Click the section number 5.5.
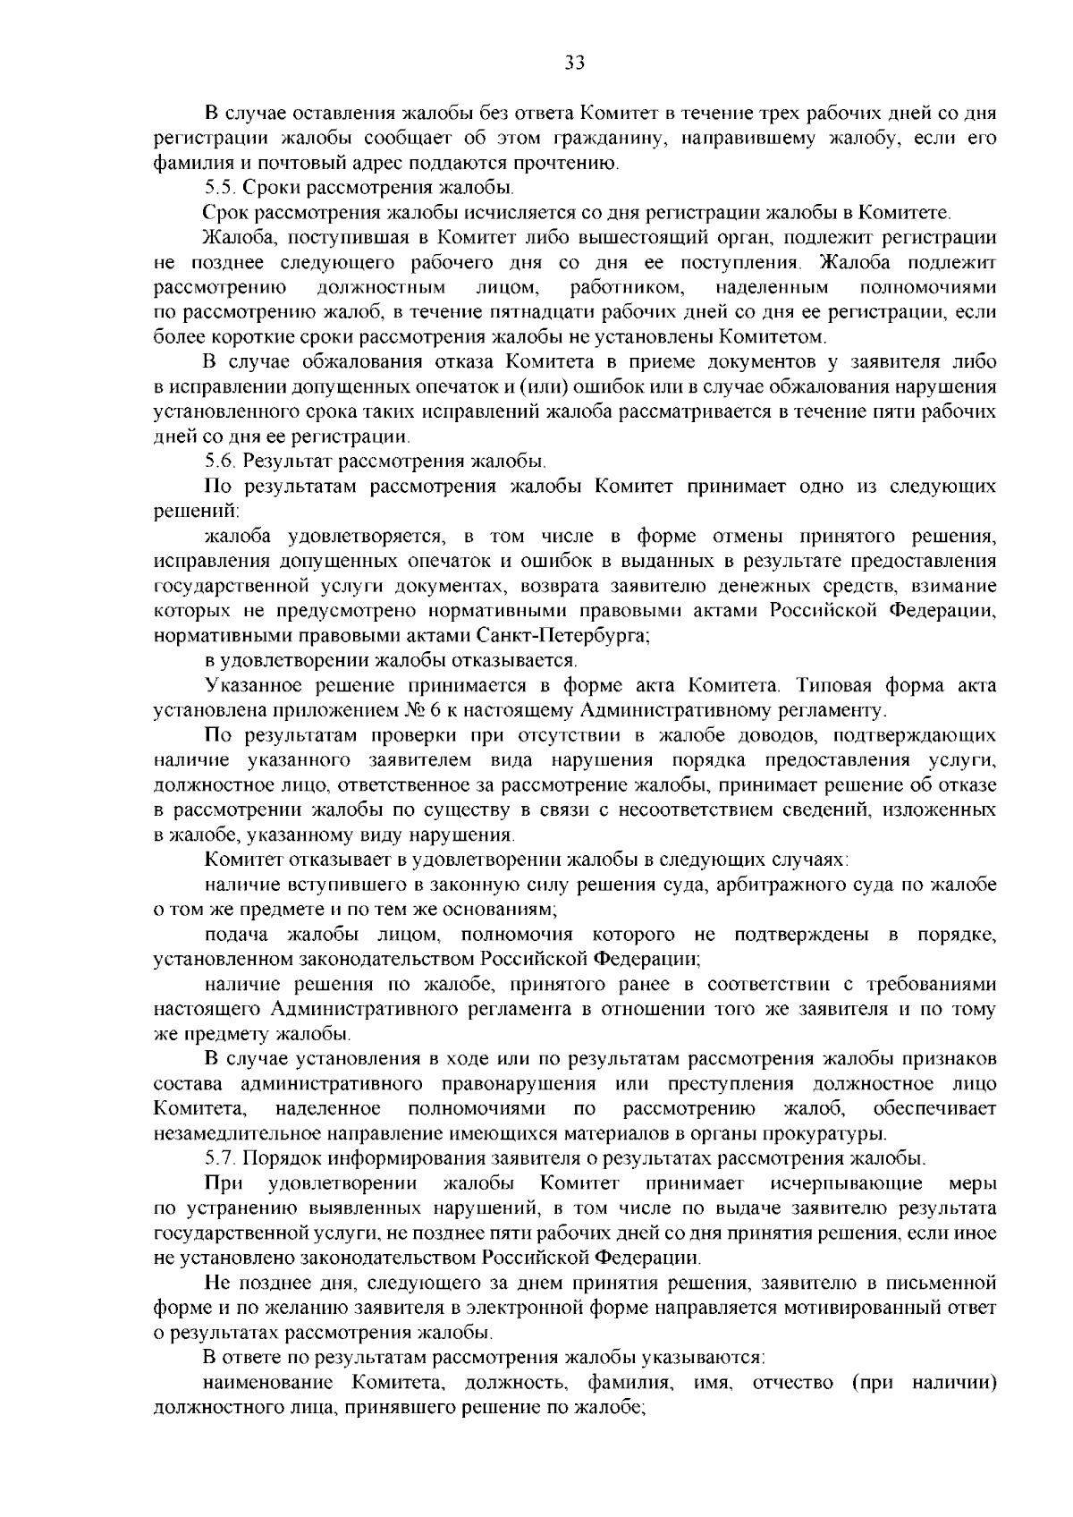click(220, 188)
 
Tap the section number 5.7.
click(220, 1158)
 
